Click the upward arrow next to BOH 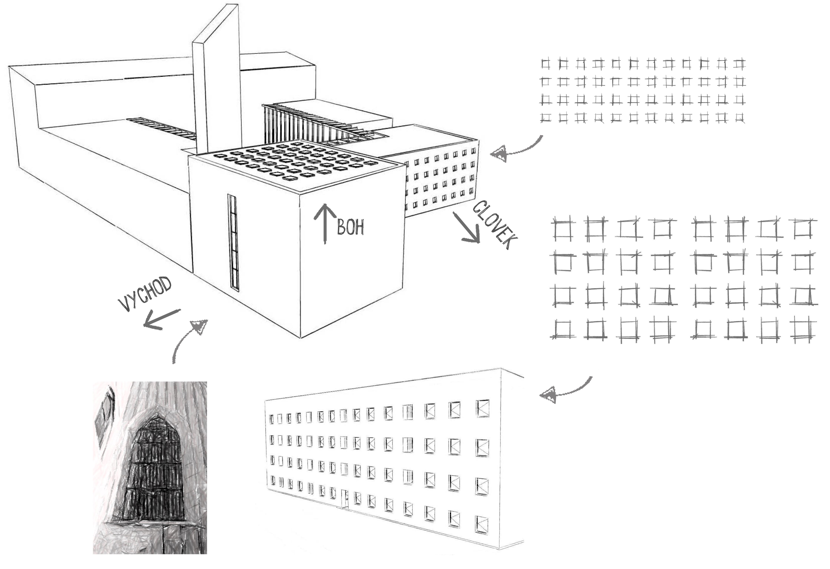tap(325, 224)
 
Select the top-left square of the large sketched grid tap(563, 229)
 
